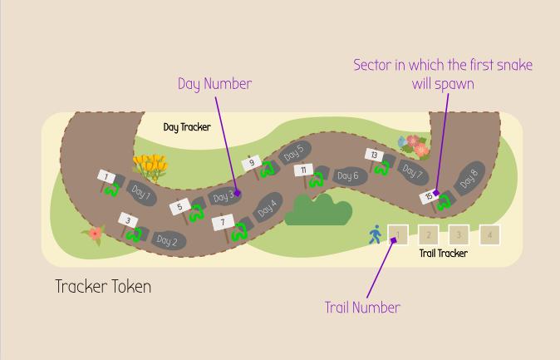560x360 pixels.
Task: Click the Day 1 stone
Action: tap(141, 195)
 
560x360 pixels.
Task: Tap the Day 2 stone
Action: tap(167, 241)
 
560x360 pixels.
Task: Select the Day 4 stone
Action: tap(266, 207)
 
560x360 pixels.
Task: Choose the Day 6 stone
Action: tap(349, 175)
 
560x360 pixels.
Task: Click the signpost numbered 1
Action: tap(107, 176)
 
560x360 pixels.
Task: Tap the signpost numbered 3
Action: tap(126, 219)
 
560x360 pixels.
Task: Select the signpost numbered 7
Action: tap(223, 223)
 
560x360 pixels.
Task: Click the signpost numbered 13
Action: tap(374, 155)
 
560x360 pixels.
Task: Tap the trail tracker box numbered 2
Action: tap(428, 235)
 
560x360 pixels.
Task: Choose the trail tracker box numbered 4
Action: tap(489, 235)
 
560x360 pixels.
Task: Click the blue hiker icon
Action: tap(375, 234)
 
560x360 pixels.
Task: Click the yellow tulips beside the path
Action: tap(150, 165)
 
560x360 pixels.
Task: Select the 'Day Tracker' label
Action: tap(187, 127)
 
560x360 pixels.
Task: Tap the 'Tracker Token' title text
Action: tap(103, 287)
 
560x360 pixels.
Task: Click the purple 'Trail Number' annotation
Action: tap(362, 308)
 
